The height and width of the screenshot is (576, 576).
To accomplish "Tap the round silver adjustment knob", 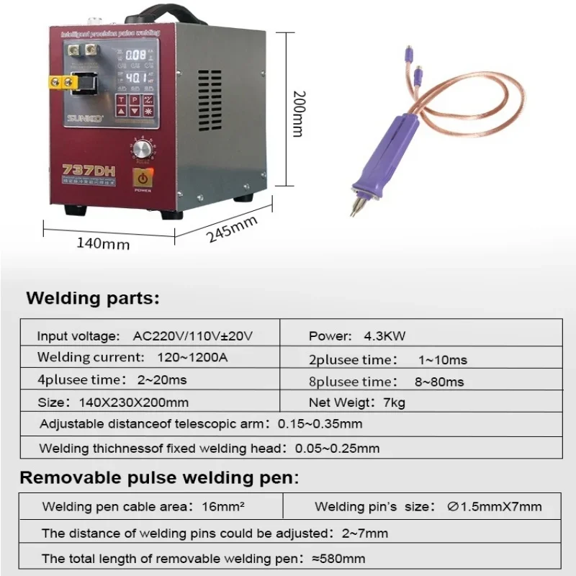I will (143, 148).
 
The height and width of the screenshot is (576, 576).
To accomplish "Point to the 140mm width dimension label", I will (103, 243).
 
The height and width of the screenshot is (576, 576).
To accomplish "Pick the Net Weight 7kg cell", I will (357, 402).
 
